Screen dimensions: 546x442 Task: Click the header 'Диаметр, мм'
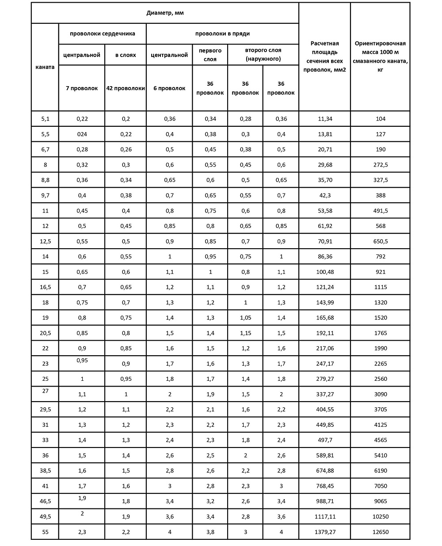(x=165, y=13)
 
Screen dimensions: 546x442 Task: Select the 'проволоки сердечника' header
(x=102, y=34)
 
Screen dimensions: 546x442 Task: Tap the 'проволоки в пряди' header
(x=222, y=34)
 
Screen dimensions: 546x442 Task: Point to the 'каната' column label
(x=45, y=67)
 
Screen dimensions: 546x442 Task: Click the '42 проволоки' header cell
(x=126, y=88)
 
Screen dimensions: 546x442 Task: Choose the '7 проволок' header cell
(x=82, y=88)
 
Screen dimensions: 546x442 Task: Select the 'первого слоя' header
(x=210, y=55)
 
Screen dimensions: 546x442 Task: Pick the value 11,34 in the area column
(x=325, y=119)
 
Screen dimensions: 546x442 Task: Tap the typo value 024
(x=82, y=134)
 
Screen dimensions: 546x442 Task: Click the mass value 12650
(x=380, y=532)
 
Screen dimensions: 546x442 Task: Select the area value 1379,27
(x=325, y=532)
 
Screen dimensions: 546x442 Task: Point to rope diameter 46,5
(x=45, y=501)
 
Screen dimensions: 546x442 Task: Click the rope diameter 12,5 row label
(x=45, y=241)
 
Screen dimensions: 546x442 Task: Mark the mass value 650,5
(x=380, y=241)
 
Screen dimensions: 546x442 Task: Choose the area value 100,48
(x=325, y=272)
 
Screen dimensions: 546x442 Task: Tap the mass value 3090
(x=380, y=394)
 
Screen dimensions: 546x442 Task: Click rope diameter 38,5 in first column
(x=45, y=471)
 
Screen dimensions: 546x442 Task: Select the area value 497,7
(x=325, y=440)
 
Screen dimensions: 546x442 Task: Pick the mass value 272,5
(x=380, y=165)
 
